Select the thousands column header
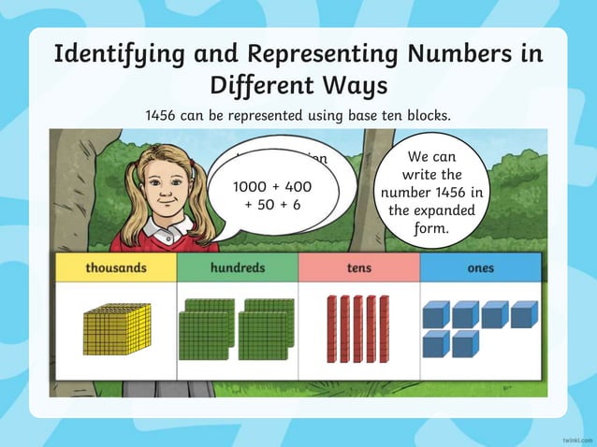point(116,268)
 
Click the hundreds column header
point(237,268)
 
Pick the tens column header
point(358,268)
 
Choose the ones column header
point(480,268)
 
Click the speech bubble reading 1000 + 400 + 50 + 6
point(271,195)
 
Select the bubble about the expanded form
point(430,195)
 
